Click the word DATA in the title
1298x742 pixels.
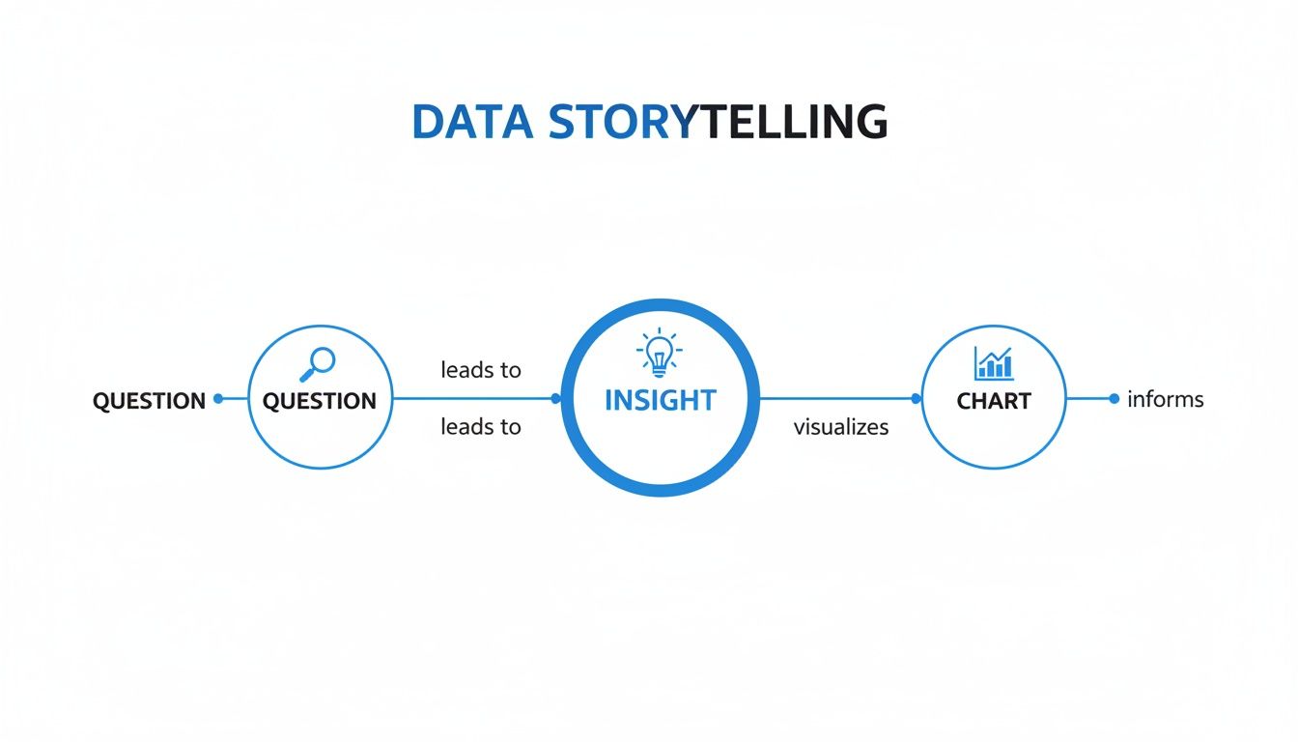click(471, 123)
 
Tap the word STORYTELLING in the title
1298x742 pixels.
click(716, 123)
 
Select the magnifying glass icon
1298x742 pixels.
click(319, 364)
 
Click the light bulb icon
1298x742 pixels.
click(660, 355)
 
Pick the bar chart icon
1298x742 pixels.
click(994, 363)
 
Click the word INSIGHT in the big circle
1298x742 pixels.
click(660, 400)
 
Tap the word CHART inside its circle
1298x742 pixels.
click(994, 400)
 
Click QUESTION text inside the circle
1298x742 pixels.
click(320, 401)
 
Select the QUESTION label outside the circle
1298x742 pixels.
click(149, 401)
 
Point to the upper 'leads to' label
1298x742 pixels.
click(481, 369)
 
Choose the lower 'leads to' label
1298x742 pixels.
click(481, 426)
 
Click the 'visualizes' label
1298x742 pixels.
click(841, 426)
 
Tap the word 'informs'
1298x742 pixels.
click(1166, 399)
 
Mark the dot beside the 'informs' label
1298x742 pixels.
click(1115, 398)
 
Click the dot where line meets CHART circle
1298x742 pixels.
click(917, 398)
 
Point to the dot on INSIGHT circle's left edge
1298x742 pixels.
click(555, 398)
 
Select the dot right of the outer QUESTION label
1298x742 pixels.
click(218, 398)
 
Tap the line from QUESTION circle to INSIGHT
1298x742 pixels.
click(473, 398)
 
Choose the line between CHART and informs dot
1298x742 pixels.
click(1089, 398)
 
